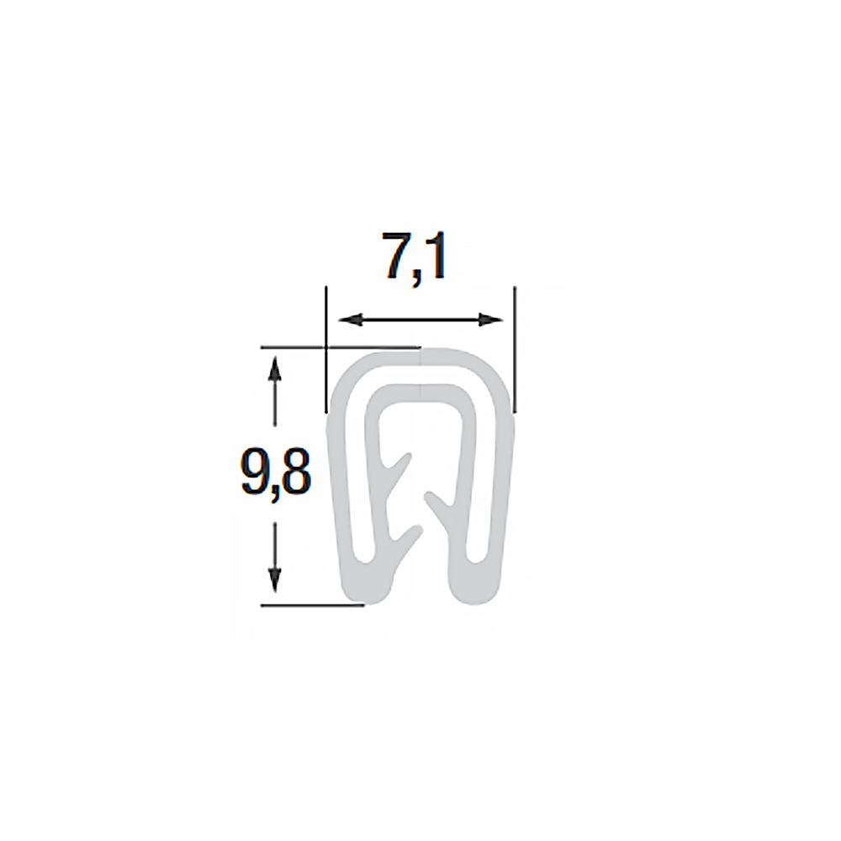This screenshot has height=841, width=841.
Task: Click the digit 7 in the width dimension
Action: point(399,257)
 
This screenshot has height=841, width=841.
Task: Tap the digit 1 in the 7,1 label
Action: point(436,257)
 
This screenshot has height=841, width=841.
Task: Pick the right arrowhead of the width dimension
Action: point(490,320)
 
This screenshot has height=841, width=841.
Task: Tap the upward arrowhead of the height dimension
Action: point(275,369)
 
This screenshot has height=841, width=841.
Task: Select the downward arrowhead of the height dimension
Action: point(275,581)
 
